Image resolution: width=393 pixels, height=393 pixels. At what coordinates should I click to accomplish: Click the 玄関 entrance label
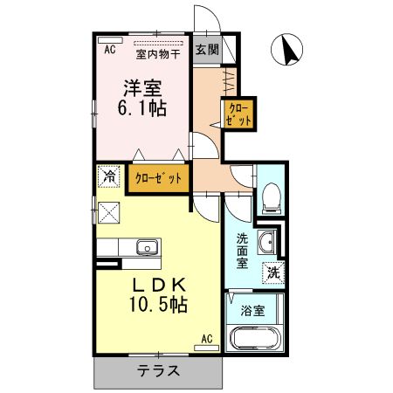(206, 49)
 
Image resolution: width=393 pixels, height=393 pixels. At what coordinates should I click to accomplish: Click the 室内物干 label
(158, 53)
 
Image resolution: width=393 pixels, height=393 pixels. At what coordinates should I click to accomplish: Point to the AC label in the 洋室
(110, 50)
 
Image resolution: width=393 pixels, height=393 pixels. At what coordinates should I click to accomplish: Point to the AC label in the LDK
(208, 338)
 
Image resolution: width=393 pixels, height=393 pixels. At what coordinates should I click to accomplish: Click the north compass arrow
(289, 50)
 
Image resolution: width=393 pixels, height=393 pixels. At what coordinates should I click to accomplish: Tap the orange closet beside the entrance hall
(238, 115)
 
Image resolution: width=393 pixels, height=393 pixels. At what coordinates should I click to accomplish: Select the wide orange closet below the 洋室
(159, 177)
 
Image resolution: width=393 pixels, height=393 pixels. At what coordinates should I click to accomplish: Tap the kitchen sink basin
(146, 247)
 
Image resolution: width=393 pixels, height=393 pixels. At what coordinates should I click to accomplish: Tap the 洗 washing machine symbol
(273, 272)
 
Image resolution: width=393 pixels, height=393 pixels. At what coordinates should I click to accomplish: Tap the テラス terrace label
(158, 370)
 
